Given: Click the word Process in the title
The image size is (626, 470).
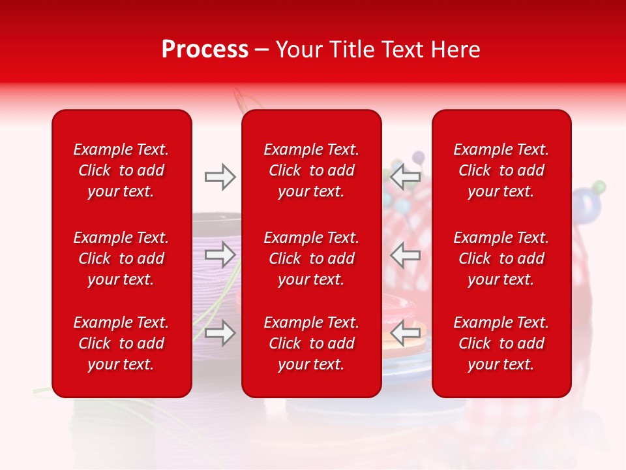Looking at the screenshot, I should [205, 50].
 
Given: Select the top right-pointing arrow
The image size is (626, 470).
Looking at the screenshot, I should [220, 177].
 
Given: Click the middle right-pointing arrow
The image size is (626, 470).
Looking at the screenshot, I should [220, 254].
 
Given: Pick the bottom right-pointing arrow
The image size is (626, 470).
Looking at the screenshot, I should [220, 333].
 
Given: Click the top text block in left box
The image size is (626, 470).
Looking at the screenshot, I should [121, 170].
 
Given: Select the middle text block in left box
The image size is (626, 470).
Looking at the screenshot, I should [121, 258].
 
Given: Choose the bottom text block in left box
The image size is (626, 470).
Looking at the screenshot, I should [121, 343].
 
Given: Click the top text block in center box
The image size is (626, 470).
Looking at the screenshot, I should [312, 170].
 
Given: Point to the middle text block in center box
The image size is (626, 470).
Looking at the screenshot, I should [312, 258].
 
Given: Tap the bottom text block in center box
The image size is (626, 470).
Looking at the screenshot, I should [312, 343].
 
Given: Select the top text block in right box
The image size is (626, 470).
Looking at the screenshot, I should [501, 170].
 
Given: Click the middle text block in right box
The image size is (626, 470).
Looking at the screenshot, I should [501, 258].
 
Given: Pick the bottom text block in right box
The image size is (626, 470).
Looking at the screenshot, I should [501, 343].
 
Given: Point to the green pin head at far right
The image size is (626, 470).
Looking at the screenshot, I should [600, 187].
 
